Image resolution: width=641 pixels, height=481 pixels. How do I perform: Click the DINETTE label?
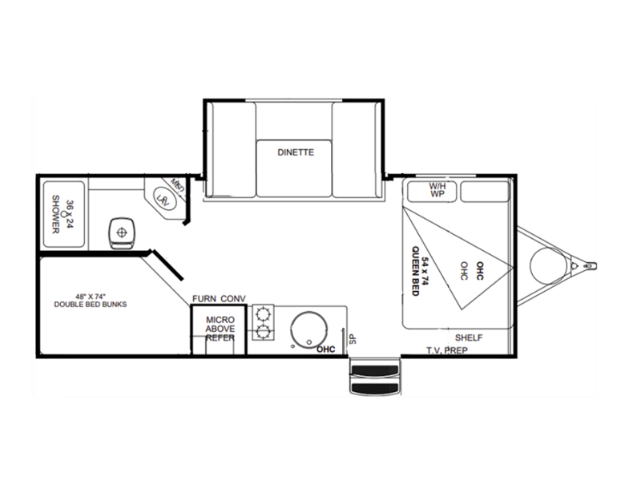(296, 152)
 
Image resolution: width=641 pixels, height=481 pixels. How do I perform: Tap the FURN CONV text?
(218, 299)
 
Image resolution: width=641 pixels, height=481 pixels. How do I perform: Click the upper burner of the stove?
(261, 314)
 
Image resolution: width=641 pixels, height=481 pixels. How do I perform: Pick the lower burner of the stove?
(261, 331)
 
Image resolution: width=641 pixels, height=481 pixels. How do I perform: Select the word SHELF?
(469, 337)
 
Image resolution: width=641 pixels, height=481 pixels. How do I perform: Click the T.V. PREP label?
(447, 350)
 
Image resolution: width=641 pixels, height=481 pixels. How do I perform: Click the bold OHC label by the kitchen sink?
(325, 350)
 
